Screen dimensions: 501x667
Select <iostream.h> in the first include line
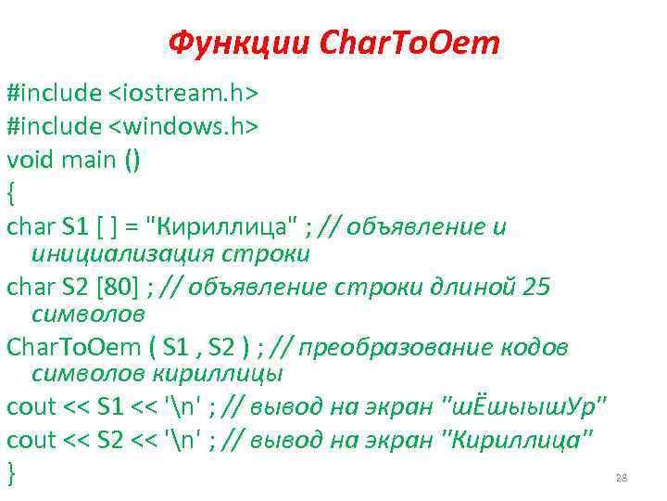[184, 94]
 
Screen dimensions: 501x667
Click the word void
[31, 160]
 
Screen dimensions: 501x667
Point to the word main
[90, 160]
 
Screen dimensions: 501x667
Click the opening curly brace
[11, 192]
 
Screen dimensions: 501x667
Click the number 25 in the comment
[535, 289]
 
